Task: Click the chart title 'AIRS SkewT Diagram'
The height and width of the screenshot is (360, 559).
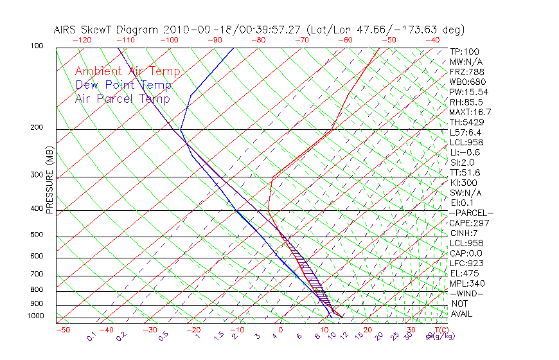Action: [107, 30]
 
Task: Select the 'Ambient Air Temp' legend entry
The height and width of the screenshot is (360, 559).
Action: [127, 71]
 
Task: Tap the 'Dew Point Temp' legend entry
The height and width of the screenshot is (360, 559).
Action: [123, 85]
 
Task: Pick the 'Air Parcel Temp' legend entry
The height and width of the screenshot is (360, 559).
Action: [123, 98]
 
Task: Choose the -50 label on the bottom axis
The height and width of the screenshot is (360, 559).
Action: [62, 330]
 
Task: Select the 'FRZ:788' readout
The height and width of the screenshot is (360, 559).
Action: [466, 72]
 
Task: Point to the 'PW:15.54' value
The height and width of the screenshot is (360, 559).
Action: [468, 92]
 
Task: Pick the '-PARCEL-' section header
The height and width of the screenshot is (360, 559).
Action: [471, 213]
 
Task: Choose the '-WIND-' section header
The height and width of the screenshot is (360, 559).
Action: [466, 293]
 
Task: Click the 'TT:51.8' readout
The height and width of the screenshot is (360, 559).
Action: [466, 172]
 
